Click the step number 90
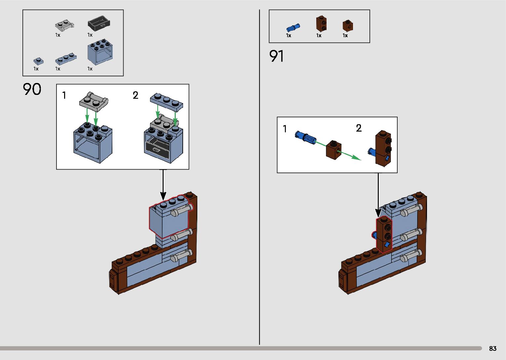[x=32, y=89]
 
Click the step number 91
[x=276, y=56]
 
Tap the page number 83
[x=492, y=348]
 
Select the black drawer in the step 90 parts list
[x=99, y=23]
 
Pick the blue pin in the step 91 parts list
[x=293, y=27]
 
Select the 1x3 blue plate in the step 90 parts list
[x=66, y=59]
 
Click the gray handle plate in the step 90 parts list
[x=64, y=25]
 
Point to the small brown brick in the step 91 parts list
[x=347, y=26]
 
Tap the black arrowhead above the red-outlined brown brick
[x=378, y=213]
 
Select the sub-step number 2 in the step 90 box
[x=136, y=96]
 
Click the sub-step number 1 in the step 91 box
[x=285, y=129]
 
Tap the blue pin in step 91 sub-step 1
[x=305, y=137]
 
